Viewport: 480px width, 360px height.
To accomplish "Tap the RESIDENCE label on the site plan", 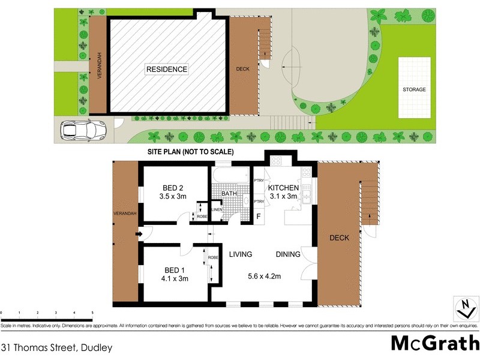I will click(x=167, y=70).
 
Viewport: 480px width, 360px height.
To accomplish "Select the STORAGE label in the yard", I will click(x=414, y=89).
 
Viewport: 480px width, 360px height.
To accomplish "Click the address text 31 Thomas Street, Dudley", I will click(x=56, y=347).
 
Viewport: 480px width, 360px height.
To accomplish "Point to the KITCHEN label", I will click(x=283, y=188).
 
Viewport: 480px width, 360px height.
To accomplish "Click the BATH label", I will click(x=229, y=194).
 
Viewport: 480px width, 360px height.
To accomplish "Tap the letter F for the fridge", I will click(x=259, y=216).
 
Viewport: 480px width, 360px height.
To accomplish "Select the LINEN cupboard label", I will click(x=217, y=209).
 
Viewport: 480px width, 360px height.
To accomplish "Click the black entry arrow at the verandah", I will click(x=139, y=234).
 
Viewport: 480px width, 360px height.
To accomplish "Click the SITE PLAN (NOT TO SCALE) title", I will click(x=191, y=152).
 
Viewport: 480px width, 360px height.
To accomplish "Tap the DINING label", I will click(x=288, y=254).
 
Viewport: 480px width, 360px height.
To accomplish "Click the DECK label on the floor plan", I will click(x=339, y=238).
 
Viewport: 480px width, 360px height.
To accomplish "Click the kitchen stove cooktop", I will click(x=277, y=160).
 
